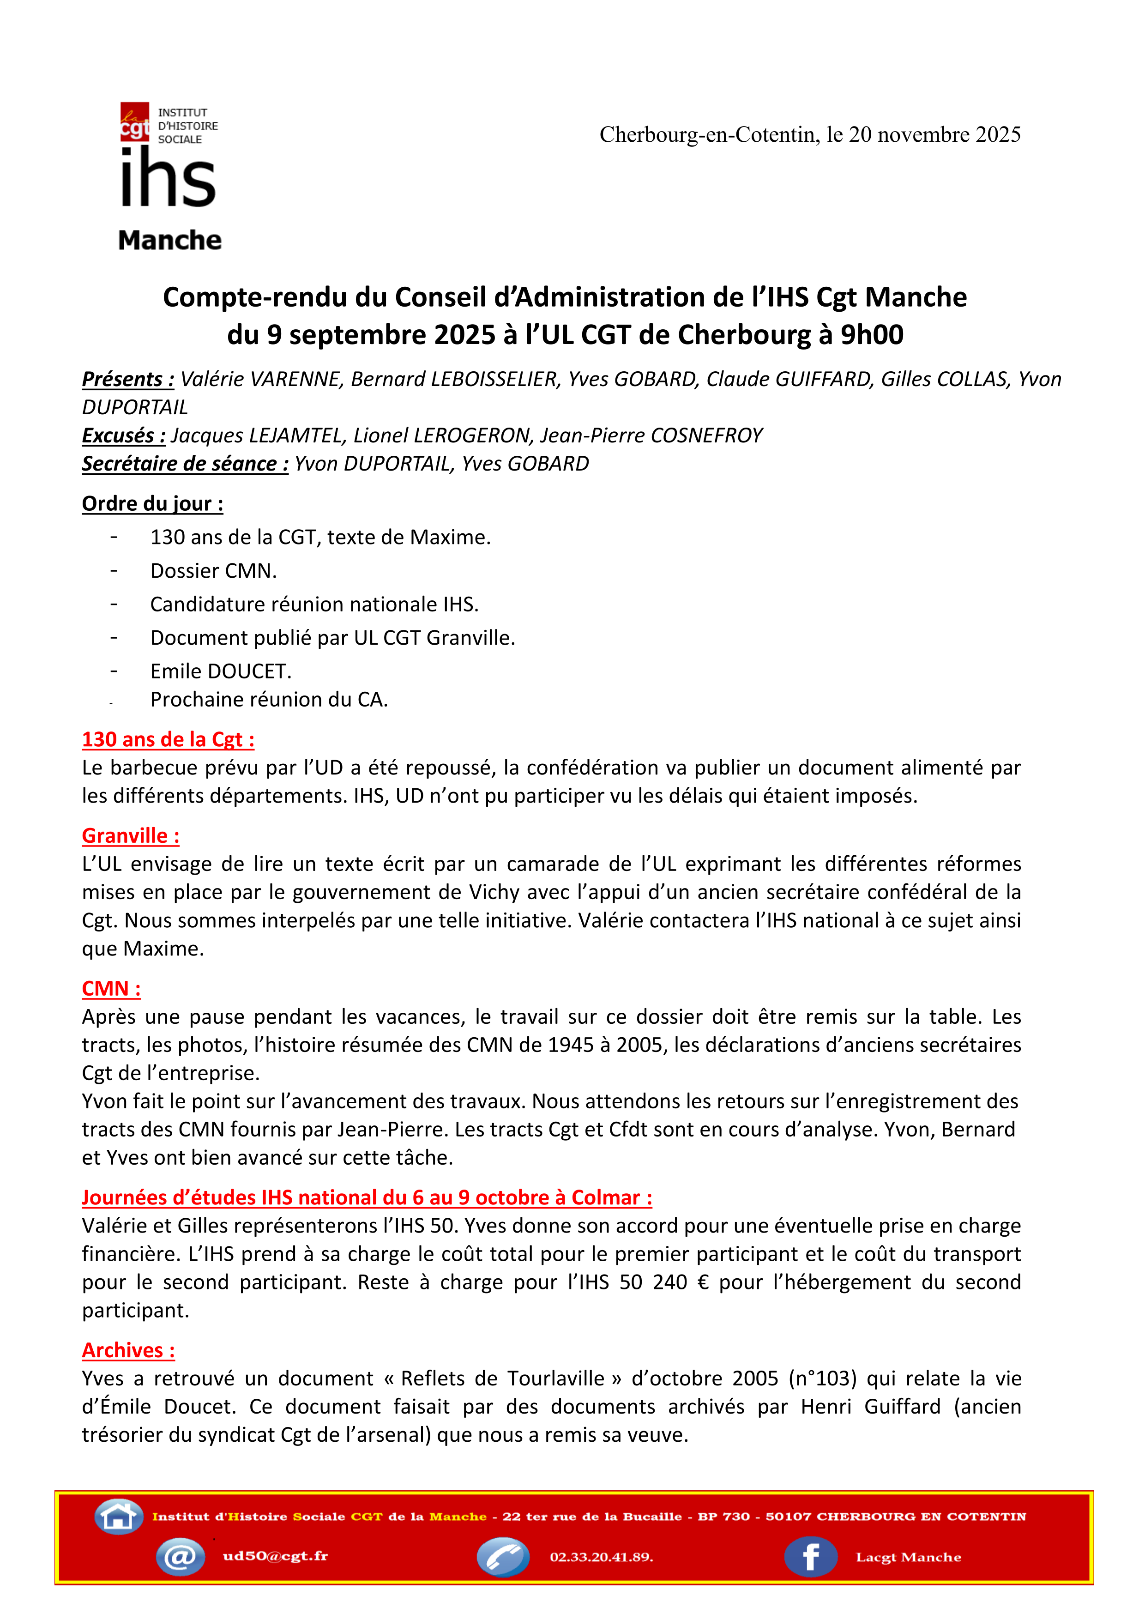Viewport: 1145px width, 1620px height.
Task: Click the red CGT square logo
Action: [x=135, y=122]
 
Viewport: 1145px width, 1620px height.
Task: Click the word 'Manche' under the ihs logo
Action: [x=169, y=241]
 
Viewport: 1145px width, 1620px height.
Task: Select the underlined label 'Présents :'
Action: [x=128, y=380]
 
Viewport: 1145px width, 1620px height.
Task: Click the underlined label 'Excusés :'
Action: [x=123, y=436]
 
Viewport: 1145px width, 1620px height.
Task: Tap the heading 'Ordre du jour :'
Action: [x=152, y=504]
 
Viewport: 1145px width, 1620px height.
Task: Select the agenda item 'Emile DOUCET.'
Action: [x=221, y=671]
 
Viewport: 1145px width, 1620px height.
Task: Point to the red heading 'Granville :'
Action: [x=131, y=836]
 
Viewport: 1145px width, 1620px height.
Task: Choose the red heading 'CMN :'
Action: [x=111, y=989]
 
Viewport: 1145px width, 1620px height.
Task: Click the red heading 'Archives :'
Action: [x=128, y=1350]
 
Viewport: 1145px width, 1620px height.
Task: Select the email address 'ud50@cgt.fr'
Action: [x=275, y=1556]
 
